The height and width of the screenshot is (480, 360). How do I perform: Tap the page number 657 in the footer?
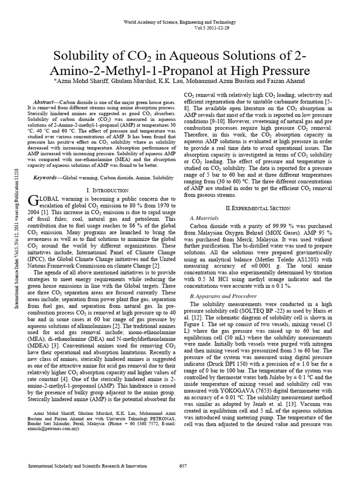184,466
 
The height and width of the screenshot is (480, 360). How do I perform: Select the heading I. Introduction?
108,190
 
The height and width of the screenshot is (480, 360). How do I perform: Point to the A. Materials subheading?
204,218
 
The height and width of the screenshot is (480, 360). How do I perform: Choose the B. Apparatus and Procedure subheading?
223,296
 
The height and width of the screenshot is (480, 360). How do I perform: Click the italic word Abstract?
45,102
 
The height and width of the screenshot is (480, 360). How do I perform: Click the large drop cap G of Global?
32,201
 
